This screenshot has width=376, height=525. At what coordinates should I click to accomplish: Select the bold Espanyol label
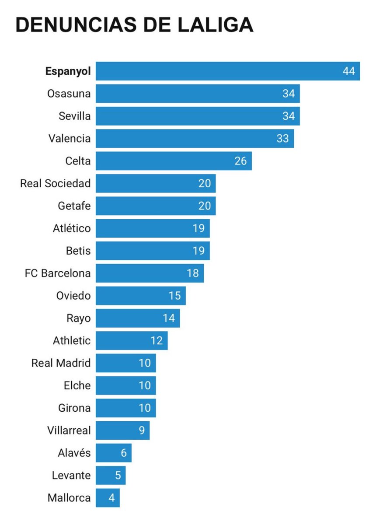coord(68,71)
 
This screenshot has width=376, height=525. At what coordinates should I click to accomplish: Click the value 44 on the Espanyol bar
coord(348,71)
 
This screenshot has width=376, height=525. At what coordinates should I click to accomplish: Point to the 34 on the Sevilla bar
coord(288,116)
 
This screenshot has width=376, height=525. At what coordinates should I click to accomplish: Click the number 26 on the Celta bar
coord(240,161)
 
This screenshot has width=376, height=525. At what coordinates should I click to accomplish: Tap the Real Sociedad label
coord(56,183)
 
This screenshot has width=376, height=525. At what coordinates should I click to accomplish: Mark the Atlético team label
coord(72,228)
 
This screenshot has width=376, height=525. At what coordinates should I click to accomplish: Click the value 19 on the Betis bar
coord(198,251)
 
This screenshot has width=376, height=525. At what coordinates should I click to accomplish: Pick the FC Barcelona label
coord(58,273)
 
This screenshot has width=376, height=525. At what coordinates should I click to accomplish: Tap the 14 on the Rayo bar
coord(169,318)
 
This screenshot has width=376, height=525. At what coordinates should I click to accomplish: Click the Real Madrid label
coord(61,363)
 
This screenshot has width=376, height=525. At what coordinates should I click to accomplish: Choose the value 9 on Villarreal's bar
coord(142,430)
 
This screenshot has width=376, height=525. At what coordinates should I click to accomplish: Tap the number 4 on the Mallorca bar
coord(112,498)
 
